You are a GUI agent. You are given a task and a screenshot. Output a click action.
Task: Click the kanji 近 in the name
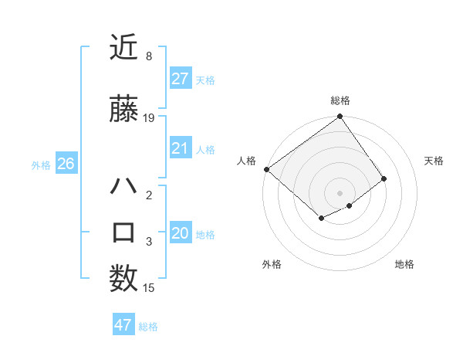[x=123, y=49]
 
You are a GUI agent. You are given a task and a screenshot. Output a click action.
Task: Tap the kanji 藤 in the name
[x=123, y=110]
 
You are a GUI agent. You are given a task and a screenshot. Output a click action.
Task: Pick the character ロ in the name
[x=123, y=232]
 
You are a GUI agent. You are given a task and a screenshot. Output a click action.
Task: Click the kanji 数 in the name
[x=123, y=277]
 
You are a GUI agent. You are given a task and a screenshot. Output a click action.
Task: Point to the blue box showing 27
[x=180, y=79]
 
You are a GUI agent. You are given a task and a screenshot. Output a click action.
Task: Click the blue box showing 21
[x=180, y=148]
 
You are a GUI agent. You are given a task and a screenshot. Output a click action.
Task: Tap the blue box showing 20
[x=180, y=233]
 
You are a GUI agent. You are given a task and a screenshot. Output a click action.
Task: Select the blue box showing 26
[x=66, y=164]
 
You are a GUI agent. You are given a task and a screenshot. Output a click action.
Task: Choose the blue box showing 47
[x=123, y=325]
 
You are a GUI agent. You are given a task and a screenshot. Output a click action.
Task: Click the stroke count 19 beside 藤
[x=149, y=118]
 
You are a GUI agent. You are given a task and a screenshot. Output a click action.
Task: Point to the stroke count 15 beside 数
[x=149, y=288]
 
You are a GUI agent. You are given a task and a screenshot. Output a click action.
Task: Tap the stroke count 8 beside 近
[x=148, y=56]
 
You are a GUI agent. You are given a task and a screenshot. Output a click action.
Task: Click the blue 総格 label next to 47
[x=148, y=327]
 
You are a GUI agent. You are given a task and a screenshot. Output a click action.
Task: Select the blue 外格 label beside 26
[x=41, y=165]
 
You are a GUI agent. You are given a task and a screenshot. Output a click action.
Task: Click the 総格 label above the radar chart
[x=340, y=100]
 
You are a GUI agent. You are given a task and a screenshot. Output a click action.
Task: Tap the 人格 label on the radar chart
[x=247, y=161]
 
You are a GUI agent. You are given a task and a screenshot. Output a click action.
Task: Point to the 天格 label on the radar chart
[x=434, y=161]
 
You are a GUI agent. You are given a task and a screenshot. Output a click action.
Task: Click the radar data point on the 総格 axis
[x=340, y=117]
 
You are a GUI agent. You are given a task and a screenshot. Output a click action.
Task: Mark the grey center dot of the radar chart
[x=340, y=192]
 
